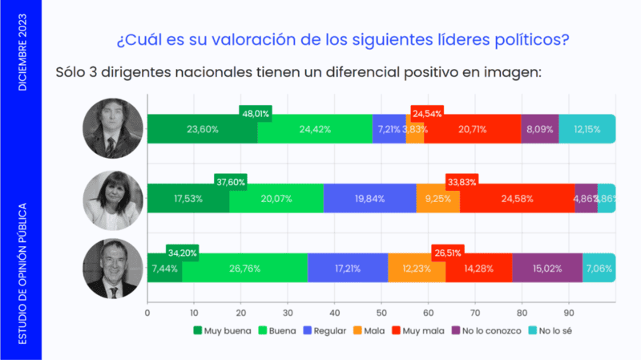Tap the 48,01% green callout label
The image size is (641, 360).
click(x=255, y=113)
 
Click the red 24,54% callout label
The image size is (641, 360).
click(x=427, y=113)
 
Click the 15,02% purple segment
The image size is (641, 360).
click(x=546, y=267)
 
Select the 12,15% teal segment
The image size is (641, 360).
click(x=586, y=129)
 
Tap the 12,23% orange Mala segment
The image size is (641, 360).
click(x=416, y=267)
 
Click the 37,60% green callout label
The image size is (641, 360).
click(x=230, y=181)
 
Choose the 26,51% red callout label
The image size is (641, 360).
click(x=449, y=251)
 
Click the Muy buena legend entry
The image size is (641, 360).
click(x=221, y=330)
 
